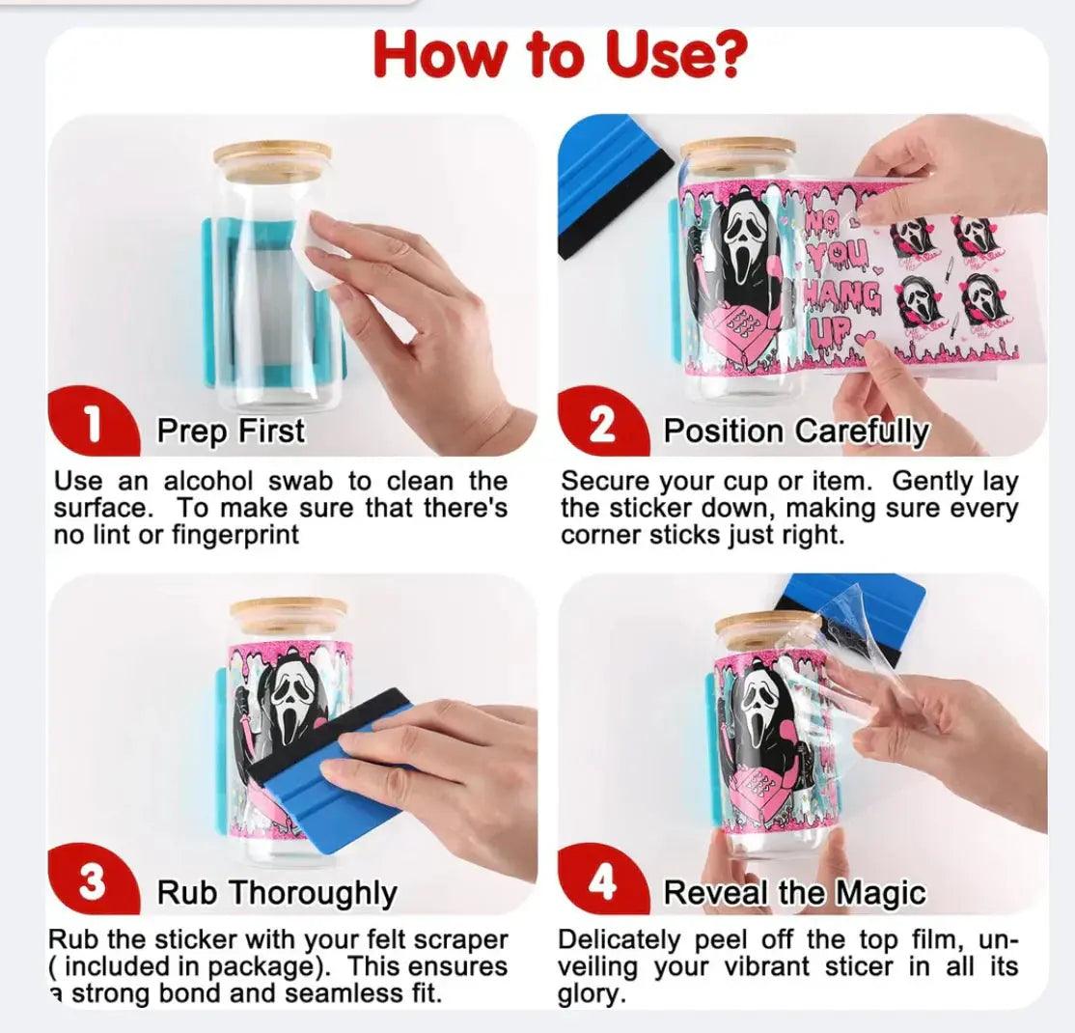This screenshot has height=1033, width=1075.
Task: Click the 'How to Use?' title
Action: pos(560,55)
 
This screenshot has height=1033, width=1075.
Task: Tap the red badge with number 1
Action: pos(93,425)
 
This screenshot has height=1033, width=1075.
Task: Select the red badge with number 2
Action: pos(601,425)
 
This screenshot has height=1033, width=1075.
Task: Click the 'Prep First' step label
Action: pos(231,431)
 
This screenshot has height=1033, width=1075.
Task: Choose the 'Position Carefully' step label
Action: pos(796,431)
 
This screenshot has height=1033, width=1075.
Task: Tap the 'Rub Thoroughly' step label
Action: pos(277,893)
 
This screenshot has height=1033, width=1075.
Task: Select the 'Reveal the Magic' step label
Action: pos(794,893)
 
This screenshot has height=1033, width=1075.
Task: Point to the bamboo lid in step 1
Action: pos(272,156)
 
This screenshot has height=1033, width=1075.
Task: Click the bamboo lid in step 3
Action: pos(288,613)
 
